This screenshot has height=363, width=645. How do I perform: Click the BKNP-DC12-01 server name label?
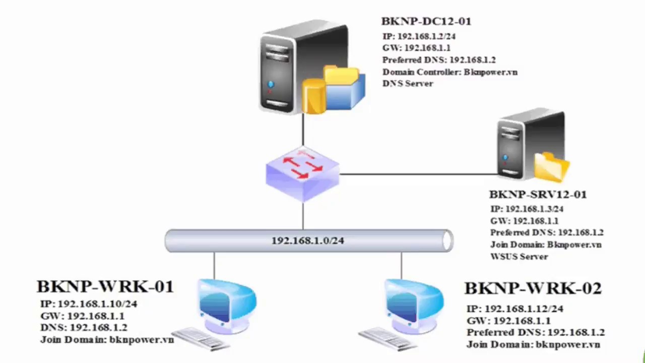click(x=426, y=21)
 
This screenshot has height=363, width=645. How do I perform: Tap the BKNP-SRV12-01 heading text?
click(x=538, y=195)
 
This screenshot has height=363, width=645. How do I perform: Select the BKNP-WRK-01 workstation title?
click(x=105, y=286)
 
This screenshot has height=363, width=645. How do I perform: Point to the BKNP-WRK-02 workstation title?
click(x=533, y=288)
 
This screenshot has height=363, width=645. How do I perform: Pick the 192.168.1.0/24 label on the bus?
click(x=307, y=240)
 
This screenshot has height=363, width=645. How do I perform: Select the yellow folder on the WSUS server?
click(x=552, y=166)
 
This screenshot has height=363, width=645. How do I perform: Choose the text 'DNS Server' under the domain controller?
click(x=408, y=84)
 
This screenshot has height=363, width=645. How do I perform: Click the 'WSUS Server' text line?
click(x=519, y=257)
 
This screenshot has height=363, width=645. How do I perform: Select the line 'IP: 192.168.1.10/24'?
click(x=89, y=304)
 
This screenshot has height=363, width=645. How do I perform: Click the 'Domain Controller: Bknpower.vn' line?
click(x=449, y=72)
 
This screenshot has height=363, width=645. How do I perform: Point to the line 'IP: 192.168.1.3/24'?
click(x=527, y=209)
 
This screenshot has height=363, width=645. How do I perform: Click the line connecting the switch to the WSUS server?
click(x=418, y=174)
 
